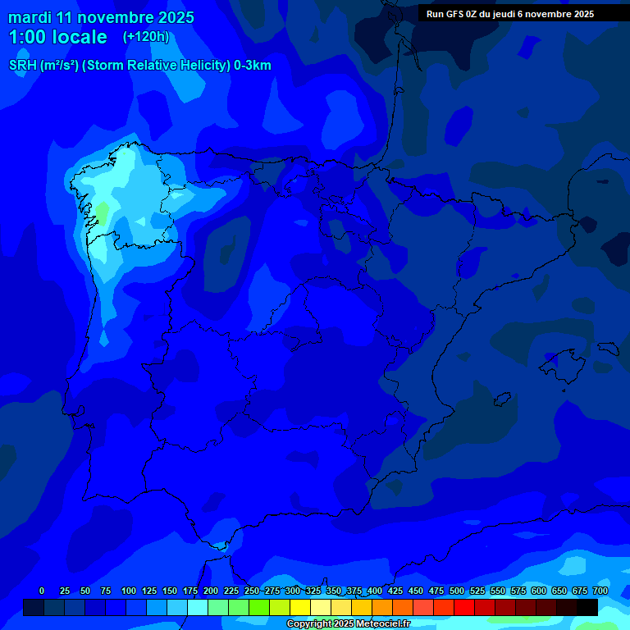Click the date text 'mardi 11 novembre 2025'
pyautogui.click(x=101, y=17)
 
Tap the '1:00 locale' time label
pyautogui.click(x=57, y=37)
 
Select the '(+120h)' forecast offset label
pyautogui.click(x=145, y=37)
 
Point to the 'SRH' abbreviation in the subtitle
pyautogui.click(x=22, y=66)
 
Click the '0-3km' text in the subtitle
pyautogui.click(x=253, y=66)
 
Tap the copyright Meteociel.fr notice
pyautogui.click(x=348, y=624)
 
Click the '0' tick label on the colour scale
pyautogui.click(x=42, y=591)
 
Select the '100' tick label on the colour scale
pyautogui.click(x=129, y=591)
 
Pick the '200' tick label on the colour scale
pyautogui.click(x=211, y=591)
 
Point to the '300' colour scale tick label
pyautogui.click(x=293, y=591)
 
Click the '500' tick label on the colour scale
pyautogui.click(x=457, y=591)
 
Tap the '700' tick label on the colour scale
pyautogui.click(x=600, y=591)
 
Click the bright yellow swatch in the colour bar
pyautogui.click(x=300, y=607)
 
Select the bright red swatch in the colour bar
pyautogui.click(x=464, y=607)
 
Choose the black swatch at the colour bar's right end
pyautogui.click(x=587, y=607)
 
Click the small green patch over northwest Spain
pyautogui.click(x=102, y=213)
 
